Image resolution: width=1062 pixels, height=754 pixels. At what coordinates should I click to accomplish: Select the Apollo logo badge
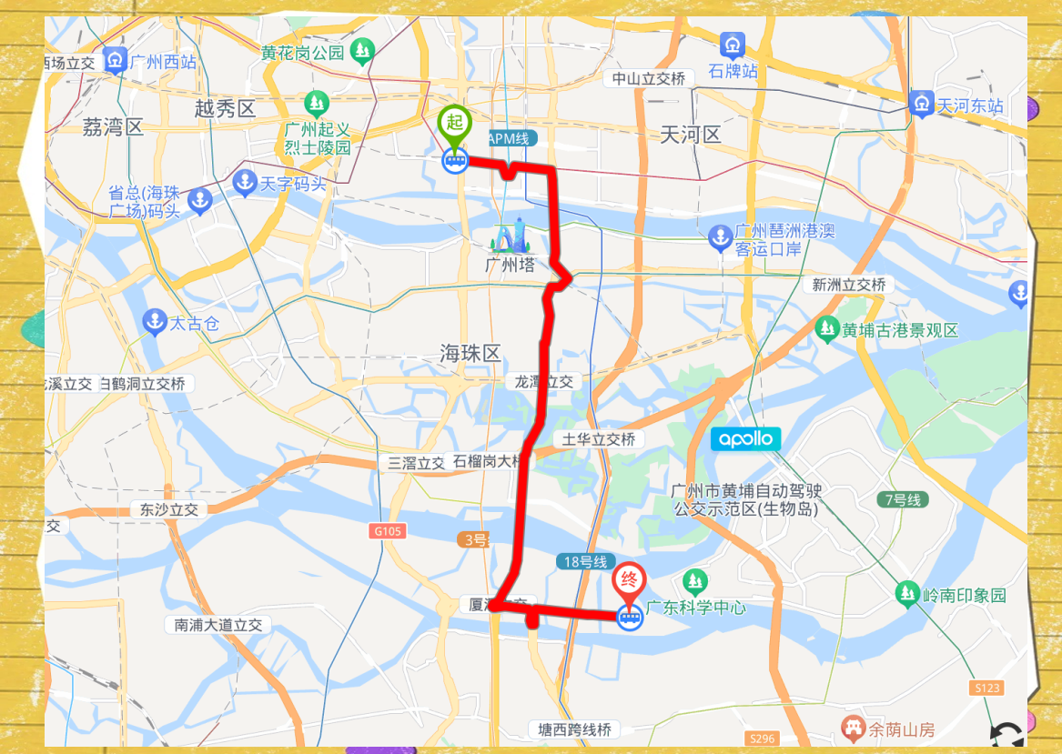coord(745,439)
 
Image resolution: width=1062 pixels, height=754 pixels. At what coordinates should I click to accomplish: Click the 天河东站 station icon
coord(922,105)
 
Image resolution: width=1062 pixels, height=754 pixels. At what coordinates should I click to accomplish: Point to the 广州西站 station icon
coord(115,61)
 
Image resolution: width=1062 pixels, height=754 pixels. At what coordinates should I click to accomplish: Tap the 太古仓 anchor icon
coord(155,322)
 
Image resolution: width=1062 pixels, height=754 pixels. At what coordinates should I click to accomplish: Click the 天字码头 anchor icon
coord(245,182)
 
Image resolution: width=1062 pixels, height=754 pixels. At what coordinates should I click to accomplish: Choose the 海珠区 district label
coord(470,353)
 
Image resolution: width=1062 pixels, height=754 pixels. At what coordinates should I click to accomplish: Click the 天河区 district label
coord(690,135)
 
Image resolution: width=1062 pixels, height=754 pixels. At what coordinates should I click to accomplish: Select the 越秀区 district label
coord(225,109)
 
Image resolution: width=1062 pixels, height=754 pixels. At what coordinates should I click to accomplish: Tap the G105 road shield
coord(387,530)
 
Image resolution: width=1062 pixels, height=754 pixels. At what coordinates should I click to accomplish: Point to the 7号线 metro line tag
coord(902,499)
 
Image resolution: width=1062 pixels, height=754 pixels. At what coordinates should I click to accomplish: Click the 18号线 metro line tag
coord(584,561)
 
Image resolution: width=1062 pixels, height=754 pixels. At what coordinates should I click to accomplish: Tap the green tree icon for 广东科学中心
coord(695,580)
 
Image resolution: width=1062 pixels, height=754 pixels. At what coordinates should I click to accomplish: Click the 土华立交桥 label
coord(598,439)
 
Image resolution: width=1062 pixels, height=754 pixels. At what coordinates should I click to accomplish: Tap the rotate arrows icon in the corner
coord(1006,736)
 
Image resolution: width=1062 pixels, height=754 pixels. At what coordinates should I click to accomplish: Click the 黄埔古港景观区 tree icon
coord(826,328)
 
